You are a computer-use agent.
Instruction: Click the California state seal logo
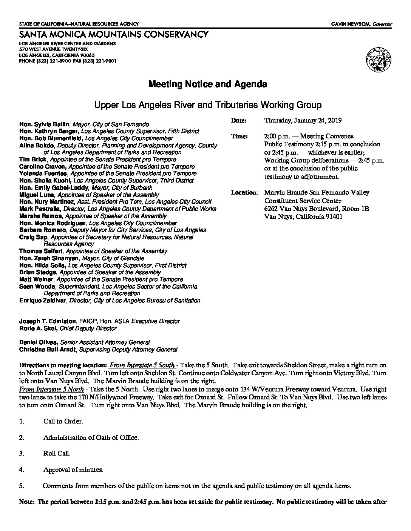tap(378, 60)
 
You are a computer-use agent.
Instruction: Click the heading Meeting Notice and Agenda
tap(207, 84)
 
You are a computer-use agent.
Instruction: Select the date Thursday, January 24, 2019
tap(303, 121)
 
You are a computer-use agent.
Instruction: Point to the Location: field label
tap(244, 193)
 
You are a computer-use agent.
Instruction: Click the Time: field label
tap(239, 137)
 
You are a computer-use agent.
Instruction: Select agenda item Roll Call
tap(57, 454)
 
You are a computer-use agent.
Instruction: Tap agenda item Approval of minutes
tap(73, 470)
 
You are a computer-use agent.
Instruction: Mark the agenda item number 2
tap(22, 438)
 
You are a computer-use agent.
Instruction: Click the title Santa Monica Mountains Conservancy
tap(113, 35)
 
